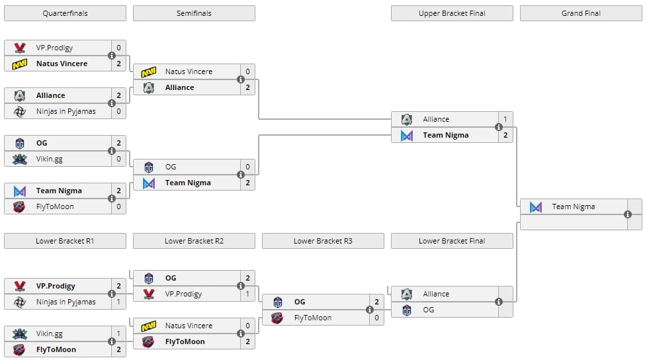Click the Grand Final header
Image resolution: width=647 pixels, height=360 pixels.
tap(581, 13)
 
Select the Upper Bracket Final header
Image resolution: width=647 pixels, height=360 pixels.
tap(452, 13)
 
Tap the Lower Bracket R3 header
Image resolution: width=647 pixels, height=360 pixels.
tap(323, 241)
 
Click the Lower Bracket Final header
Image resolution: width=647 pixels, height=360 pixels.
tap(452, 241)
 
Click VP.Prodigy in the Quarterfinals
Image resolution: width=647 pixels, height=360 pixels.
tap(54, 48)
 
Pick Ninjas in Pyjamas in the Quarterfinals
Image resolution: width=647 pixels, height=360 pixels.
tap(65, 111)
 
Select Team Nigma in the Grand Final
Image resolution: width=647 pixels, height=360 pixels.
tap(574, 206)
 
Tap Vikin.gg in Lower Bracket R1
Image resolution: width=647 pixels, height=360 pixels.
tap(50, 334)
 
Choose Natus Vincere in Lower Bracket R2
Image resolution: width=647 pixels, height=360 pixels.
tap(189, 326)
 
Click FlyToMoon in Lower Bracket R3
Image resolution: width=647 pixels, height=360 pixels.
tap(313, 318)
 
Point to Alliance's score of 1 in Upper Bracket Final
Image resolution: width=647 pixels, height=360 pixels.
tap(505, 119)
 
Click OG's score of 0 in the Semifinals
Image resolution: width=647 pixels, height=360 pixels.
tap(247, 167)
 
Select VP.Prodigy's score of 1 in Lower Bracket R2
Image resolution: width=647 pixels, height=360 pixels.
tap(247, 294)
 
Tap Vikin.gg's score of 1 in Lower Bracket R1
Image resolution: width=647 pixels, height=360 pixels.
tap(118, 334)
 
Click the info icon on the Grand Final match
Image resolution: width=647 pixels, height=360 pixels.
tap(628, 214)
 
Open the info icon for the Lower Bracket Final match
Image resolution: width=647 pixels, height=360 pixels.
tap(499, 302)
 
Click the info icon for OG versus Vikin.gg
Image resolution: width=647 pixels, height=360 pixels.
tap(112, 151)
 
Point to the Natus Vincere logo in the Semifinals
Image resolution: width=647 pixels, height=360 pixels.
tap(149, 71)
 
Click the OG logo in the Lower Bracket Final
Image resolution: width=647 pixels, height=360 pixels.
tap(407, 310)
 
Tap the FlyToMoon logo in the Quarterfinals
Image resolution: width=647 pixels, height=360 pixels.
tap(20, 206)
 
